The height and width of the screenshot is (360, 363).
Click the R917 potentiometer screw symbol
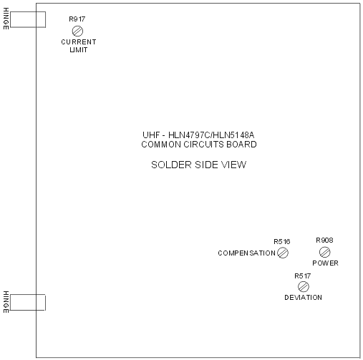click(x=77, y=31)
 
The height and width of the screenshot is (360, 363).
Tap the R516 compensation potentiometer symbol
click(x=283, y=253)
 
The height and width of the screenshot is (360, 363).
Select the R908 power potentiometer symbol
click(x=325, y=252)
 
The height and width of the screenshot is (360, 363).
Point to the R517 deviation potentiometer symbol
click(x=304, y=286)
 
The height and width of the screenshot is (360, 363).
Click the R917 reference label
click(x=77, y=19)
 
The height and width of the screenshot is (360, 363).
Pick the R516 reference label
click(x=282, y=242)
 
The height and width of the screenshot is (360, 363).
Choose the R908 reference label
click(x=324, y=240)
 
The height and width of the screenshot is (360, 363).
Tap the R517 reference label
click(x=303, y=276)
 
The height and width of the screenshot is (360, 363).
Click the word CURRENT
click(x=79, y=42)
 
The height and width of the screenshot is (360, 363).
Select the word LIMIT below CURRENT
click(x=79, y=50)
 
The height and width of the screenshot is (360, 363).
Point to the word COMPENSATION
click(x=247, y=253)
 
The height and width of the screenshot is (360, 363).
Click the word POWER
click(x=325, y=263)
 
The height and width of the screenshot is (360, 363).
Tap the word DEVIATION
click(x=303, y=298)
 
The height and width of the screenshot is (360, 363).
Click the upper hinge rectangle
click(x=28, y=11)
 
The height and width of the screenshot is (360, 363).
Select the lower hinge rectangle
click(x=28, y=294)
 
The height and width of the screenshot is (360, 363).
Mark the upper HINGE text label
click(x=6, y=19)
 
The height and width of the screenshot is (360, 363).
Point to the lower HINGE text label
click(x=6, y=302)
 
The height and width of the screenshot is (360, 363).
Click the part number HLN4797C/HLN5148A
click(x=211, y=135)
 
